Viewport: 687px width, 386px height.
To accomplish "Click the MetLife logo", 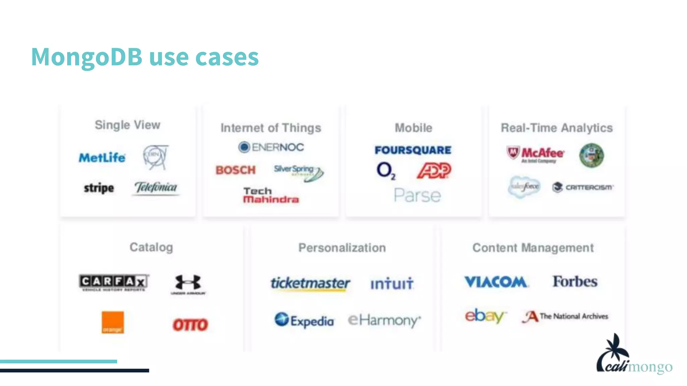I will (102, 157).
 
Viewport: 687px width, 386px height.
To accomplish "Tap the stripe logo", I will (99, 188).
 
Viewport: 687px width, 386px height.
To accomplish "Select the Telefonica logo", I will (156, 187).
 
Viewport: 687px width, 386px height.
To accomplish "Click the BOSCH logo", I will (235, 170).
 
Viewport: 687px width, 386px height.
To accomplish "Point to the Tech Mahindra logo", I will (271, 195).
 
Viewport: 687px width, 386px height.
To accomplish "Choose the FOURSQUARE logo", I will (413, 150).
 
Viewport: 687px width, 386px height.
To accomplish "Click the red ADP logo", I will (434, 171).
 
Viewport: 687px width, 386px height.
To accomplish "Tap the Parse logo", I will (417, 195).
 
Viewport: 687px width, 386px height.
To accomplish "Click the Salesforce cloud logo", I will (524, 187).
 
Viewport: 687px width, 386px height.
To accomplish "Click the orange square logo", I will (113, 322).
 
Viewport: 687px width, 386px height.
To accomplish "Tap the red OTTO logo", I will (190, 325).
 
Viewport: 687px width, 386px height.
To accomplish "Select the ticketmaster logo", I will (310, 283).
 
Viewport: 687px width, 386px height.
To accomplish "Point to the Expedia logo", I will (304, 320).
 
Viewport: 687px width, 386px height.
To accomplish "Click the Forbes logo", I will (575, 281).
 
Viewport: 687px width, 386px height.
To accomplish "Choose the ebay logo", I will (485, 316).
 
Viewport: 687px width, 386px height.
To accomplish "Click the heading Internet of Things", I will (271, 128).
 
